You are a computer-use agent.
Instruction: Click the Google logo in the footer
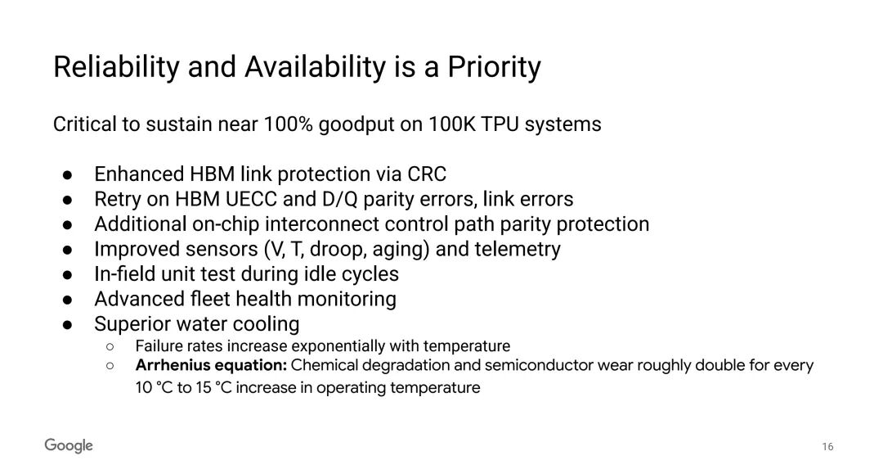pyautogui.click(x=69, y=445)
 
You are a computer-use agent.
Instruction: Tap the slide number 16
pyautogui.click(x=827, y=447)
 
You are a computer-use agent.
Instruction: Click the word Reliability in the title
pyautogui.click(x=115, y=68)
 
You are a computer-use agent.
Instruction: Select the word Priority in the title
pyautogui.click(x=494, y=68)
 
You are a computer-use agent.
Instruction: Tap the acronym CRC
pyautogui.click(x=427, y=174)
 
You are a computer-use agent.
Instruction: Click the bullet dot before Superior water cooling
pyautogui.click(x=68, y=325)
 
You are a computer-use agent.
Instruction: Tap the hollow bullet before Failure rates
pyautogui.click(x=110, y=346)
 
